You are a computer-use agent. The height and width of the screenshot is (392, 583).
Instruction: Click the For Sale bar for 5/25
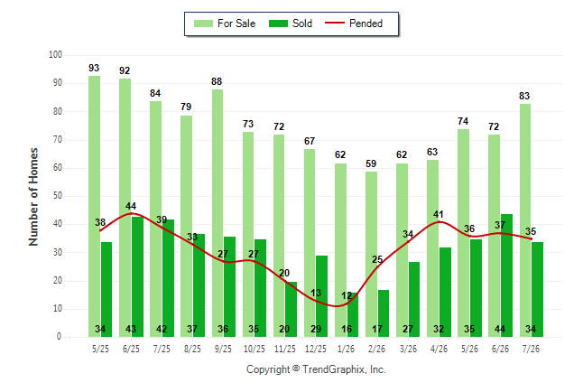95,206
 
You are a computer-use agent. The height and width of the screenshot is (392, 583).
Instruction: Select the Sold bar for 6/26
506,275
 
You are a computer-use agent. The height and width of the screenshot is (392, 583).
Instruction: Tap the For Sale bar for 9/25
217,213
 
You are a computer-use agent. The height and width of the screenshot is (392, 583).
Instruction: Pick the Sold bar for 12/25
321,296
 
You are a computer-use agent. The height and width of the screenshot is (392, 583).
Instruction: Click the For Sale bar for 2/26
372,255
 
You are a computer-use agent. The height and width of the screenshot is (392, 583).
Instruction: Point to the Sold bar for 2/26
384,313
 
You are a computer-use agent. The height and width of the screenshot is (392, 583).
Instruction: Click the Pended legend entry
354,23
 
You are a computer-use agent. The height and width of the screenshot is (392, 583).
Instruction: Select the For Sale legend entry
225,23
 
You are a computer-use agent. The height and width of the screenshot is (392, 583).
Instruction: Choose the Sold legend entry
291,23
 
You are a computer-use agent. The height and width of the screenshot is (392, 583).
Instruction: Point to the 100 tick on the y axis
55,55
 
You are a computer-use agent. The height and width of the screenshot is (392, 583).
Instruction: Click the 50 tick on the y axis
57,196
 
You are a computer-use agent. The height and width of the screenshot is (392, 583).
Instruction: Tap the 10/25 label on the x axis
254,349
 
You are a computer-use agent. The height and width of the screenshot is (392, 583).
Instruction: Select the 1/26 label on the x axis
347,349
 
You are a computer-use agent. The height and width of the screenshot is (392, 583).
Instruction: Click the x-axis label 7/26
531,349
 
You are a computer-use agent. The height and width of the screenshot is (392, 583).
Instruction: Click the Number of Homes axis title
33,197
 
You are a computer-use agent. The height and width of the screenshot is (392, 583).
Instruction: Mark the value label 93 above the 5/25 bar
94,68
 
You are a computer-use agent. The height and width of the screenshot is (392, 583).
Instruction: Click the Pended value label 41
439,214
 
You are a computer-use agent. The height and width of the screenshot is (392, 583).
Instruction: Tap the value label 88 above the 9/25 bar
217,81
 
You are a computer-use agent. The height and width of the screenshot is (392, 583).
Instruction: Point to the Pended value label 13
316,293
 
